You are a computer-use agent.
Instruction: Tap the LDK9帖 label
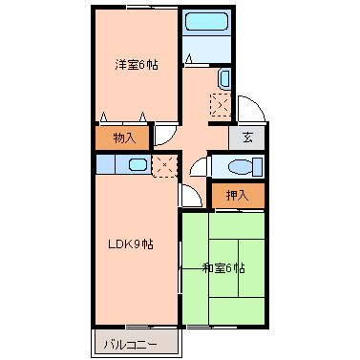pos(130,244)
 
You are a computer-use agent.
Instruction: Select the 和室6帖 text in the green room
pos(223,267)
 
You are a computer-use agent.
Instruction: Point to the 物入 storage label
pos(124,138)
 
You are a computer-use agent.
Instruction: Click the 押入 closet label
pos(237,195)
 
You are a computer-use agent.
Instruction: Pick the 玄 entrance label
pos(246,138)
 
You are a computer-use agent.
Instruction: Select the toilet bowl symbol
pos(239,166)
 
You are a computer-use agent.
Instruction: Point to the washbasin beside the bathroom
pos(224,78)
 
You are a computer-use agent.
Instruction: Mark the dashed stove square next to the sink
pos(163,164)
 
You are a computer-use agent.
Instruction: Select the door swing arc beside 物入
pos(165,137)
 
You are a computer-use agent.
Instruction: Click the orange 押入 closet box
pos(237,195)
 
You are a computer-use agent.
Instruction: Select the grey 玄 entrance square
pos(246,138)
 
